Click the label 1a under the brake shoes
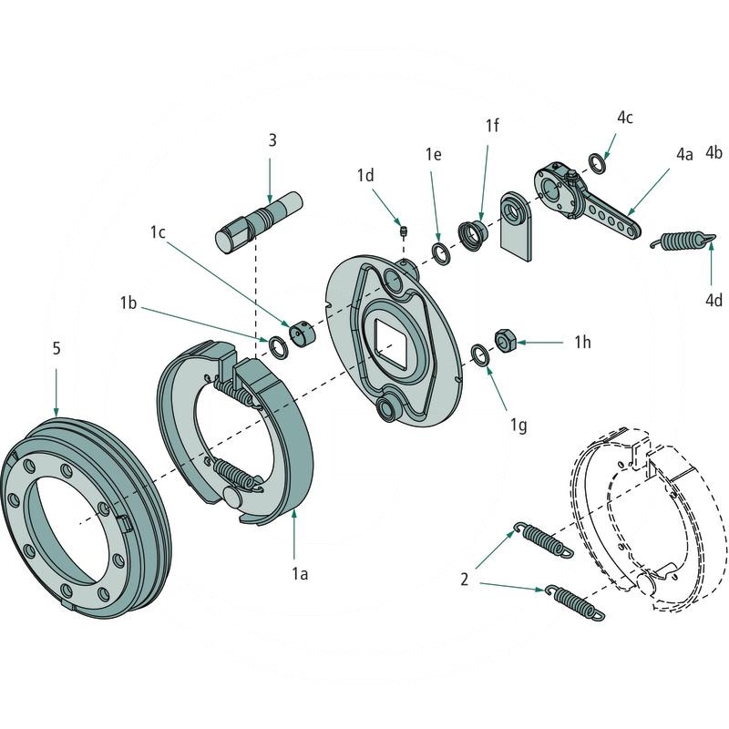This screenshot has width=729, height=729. tap(299, 574)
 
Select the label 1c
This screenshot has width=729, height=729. tap(157, 233)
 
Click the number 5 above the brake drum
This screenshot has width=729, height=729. tap(56, 348)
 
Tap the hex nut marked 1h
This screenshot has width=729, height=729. tap(505, 341)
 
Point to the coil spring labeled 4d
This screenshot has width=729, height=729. tap(681, 241)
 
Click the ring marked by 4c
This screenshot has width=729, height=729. tap(598, 163)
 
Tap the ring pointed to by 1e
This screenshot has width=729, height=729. tap(439, 252)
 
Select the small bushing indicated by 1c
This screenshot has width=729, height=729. tap(303, 333)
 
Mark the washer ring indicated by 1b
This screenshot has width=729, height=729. tap(275, 344)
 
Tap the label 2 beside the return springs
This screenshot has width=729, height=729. tap(465, 579)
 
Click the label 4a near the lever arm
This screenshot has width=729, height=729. tap(684, 155)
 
